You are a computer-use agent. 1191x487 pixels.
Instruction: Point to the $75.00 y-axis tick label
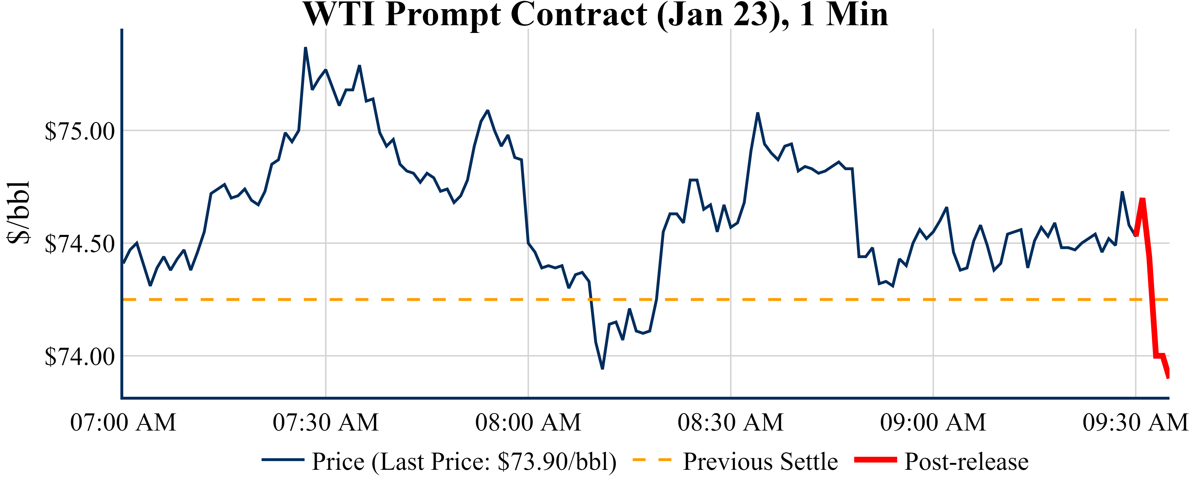79,131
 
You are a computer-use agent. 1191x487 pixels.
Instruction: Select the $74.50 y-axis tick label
79,244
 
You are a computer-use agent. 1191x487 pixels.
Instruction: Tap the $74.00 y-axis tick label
79,357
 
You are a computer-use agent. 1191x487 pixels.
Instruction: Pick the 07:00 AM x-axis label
123,422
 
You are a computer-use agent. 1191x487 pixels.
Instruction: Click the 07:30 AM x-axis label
326,422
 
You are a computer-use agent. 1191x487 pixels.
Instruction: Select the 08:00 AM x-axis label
528,422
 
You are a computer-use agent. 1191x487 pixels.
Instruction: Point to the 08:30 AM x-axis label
730,422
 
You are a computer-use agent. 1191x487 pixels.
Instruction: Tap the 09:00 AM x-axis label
933,422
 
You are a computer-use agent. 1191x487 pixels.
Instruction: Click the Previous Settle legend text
760,462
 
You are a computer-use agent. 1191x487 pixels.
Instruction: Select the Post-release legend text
966,462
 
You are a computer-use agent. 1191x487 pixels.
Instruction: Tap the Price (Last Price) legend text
464,462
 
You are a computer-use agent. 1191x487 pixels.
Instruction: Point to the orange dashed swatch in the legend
652,460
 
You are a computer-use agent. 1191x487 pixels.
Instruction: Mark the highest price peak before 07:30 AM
306,48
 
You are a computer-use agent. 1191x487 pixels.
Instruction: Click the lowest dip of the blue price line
603,368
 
